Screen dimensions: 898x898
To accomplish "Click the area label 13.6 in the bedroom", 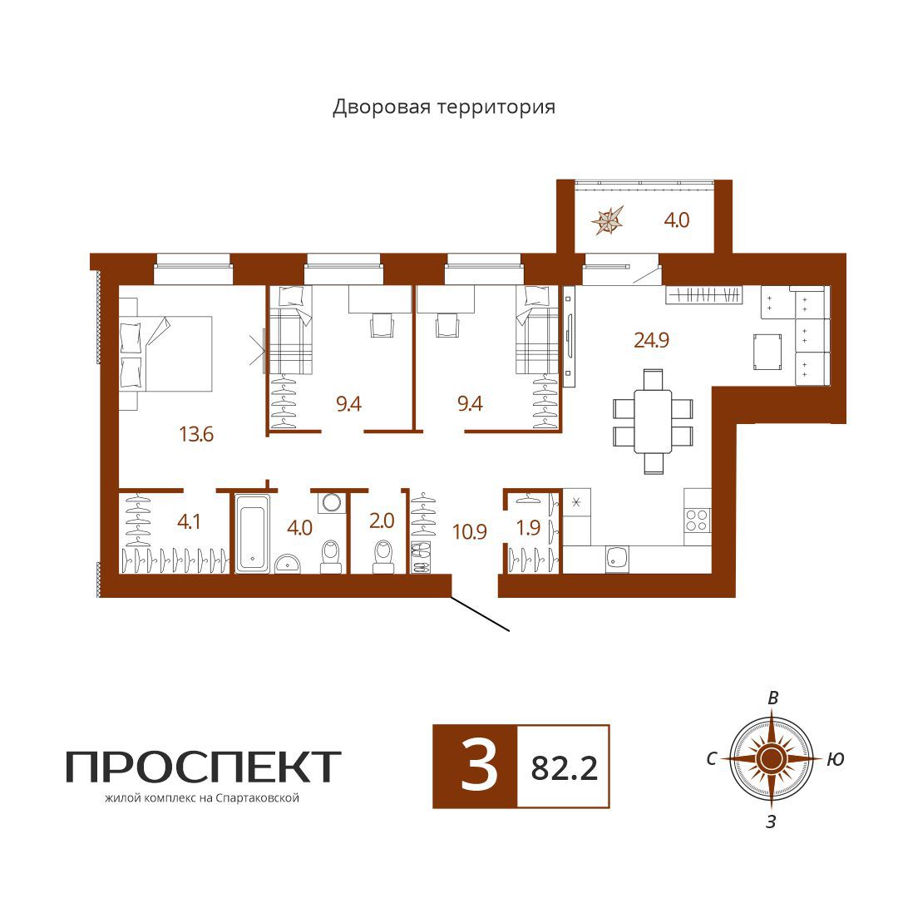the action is click(x=196, y=434).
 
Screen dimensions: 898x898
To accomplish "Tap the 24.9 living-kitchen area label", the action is click(x=651, y=340).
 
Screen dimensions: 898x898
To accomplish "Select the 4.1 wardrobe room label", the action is click(x=189, y=521).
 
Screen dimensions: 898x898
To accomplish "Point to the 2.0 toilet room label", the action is click(x=382, y=521).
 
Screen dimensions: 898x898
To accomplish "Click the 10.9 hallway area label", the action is click(x=470, y=532).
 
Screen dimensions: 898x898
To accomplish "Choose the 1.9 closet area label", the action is click(x=528, y=527).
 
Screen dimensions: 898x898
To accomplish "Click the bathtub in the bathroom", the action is click(x=252, y=533).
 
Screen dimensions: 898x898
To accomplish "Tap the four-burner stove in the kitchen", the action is click(x=697, y=520).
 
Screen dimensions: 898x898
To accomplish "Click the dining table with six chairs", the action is click(x=653, y=421).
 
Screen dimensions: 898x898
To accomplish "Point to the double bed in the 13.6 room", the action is click(x=165, y=353).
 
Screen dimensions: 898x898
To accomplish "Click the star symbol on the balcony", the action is click(x=608, y=220).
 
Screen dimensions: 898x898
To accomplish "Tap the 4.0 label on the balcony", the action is click(x=676, y=220).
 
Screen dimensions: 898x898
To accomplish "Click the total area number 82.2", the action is click(x=564, y=768).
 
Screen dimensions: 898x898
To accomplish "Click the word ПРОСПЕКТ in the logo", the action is click(x=204, y=767).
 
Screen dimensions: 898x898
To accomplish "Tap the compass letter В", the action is click(x=772, y=698).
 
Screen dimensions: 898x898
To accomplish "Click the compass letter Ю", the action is click(x=836, y=759).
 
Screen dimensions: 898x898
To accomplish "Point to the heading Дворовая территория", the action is click(x=444, y=107).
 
